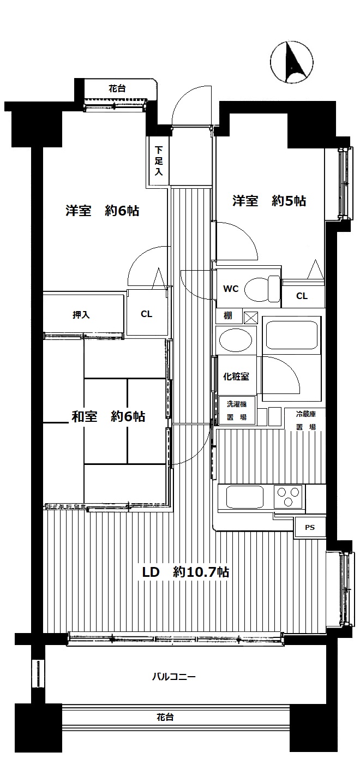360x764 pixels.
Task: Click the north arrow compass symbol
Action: (x=291, y=62)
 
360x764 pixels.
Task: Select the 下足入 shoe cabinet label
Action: (x=159, y=160)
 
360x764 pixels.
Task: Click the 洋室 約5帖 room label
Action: (x=269, y=201)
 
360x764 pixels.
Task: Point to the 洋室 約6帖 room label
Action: (x=103, y=211)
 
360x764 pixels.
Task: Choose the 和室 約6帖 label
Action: (x=108, y=416)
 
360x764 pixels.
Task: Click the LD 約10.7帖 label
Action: (x=185, y=572)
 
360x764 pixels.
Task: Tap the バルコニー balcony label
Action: (x=174, y=676)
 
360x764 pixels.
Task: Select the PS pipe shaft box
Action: (x=310, y=528)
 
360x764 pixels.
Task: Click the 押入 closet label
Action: (x=81, y=314)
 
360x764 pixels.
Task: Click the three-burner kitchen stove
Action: (x=289, y=497)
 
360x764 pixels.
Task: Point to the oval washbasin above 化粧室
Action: (x=236, y=340)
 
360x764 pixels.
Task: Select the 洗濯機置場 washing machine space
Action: (x=237, y=410)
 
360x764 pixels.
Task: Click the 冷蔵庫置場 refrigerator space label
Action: (x=306, y=420)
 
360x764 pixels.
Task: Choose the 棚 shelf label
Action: (x=228, y=315)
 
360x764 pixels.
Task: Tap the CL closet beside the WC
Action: (x=302, y=295)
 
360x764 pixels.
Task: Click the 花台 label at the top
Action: (x=117, y=88)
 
